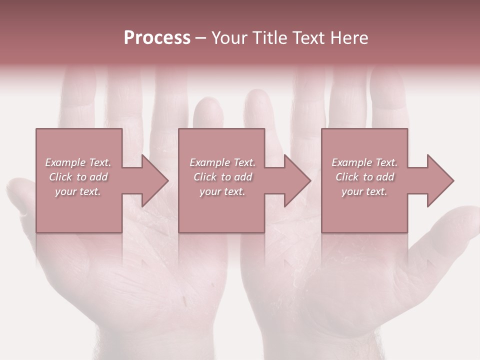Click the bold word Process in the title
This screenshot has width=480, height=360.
click(x=157, y=38)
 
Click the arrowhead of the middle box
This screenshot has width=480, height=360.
click(x=298, y=180)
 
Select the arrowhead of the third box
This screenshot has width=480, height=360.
click(x=441, y=180)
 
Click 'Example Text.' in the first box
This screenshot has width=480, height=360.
click(x=78, y=162)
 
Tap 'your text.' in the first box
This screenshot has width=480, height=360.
click(x=78, y=191)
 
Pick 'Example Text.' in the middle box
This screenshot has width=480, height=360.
click(x=222, y=162)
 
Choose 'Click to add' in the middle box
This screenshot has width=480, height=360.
click(x=222, y=177)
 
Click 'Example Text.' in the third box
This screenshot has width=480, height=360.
click(x=364, y=162)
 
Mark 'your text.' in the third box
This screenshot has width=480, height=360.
click(x=364, y=191)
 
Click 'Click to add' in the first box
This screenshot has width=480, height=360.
click(x=78, y=177)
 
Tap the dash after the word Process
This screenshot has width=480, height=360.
click(x=200, y=38)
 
